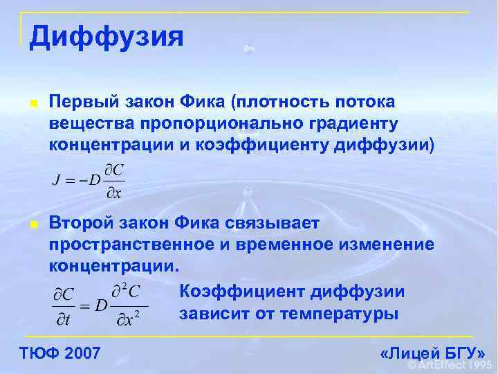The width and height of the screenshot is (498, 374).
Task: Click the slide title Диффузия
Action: click(x=107, y=37)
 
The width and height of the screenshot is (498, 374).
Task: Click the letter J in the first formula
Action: click(x=56, y=181)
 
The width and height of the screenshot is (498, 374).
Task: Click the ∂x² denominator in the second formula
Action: click(x=129, y=319)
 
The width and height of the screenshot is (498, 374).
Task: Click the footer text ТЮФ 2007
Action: click(x=59, y=354)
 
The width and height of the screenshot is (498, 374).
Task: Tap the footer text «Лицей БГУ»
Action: click(x=432, y=354)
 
